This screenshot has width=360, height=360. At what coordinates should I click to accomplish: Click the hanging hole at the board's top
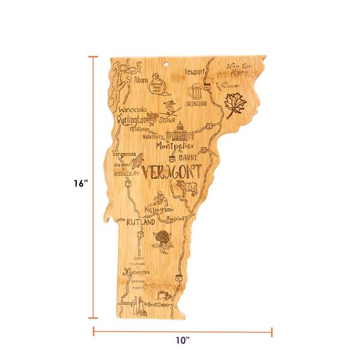[x=167, y=61]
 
